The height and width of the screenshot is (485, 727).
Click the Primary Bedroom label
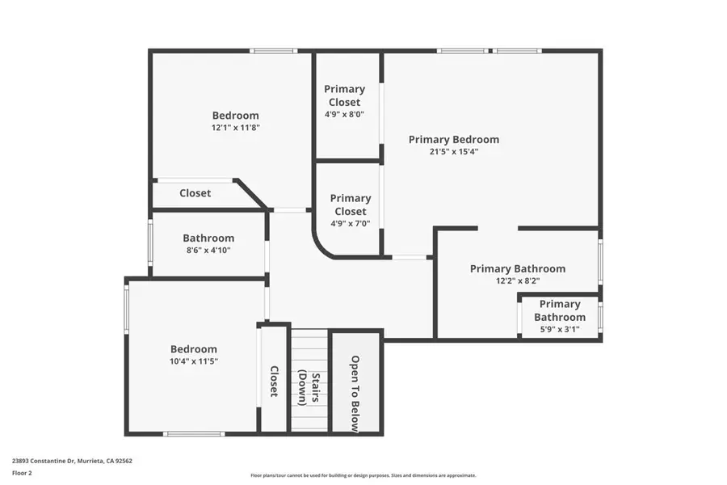point(453,139)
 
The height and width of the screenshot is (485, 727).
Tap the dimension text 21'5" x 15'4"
point(453,151)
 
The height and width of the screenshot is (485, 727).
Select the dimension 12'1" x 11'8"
point(236,127)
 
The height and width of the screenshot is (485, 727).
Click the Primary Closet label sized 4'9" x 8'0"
point(345,95)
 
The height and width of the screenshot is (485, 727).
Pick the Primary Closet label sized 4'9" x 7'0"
point(351,205)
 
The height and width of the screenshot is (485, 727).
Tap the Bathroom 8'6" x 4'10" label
point(208,238)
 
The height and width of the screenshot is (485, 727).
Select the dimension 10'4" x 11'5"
point(194,361)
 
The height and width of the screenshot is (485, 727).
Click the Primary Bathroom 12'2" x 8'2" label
point(517,268)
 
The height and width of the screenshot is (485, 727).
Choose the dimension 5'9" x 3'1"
point(559,329)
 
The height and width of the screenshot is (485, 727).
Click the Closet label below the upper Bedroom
point(195,193)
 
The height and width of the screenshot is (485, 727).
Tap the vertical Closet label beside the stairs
point(274,382)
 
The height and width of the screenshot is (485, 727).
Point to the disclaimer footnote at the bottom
point(363,475)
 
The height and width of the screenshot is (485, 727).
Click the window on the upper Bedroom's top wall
point(274,51)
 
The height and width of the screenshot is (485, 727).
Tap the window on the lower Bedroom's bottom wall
point(194,434)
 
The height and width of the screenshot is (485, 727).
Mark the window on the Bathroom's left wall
point(150,242)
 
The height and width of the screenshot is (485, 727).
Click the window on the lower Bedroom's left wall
point(126,307)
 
